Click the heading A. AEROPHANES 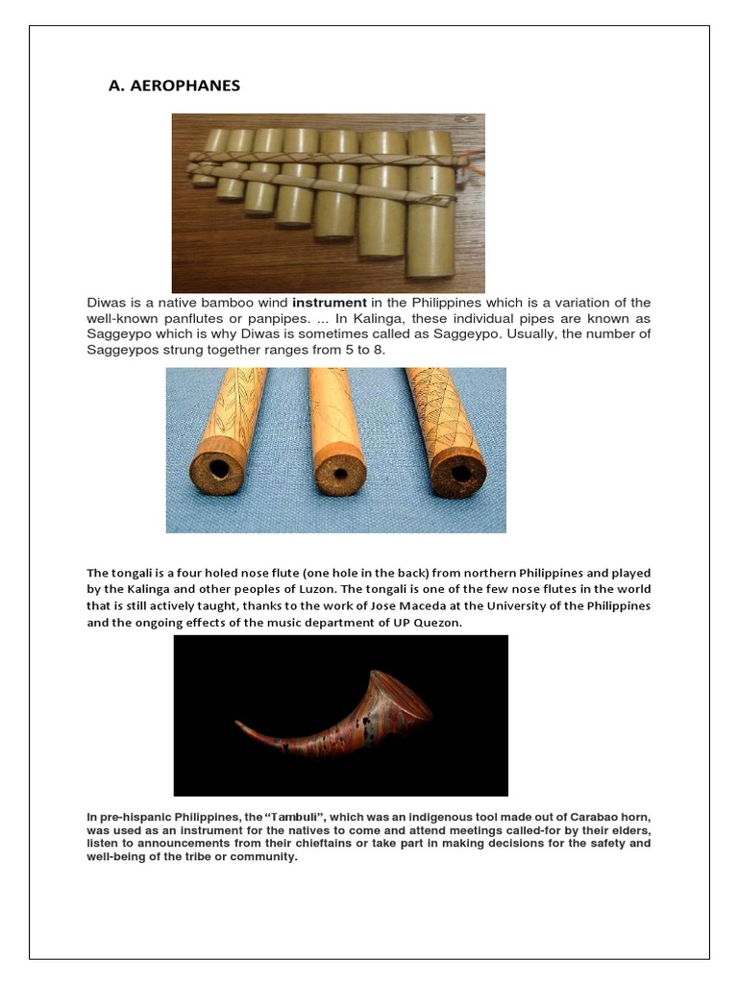(x=175, y=86)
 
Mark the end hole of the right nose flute (x=457, y=472)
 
